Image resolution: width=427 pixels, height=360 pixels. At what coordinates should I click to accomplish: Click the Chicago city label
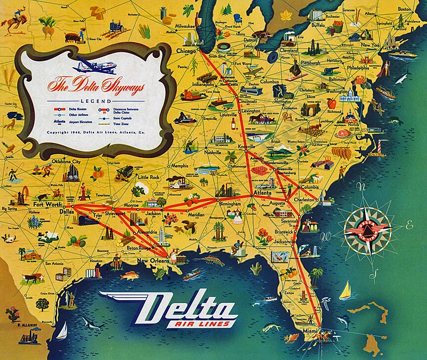click(x=186, y=51)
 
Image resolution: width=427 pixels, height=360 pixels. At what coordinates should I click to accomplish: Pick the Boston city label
click(x=404, y=9)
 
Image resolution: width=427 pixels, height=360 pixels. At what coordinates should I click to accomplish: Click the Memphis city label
click(x=180, y=166)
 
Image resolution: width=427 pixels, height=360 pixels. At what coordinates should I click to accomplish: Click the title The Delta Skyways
click(x=95, y=87)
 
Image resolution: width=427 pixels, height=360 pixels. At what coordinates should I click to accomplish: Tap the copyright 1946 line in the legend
click(x=96, y=133)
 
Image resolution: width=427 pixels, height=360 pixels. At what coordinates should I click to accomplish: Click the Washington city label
click(x=337, y=91)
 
